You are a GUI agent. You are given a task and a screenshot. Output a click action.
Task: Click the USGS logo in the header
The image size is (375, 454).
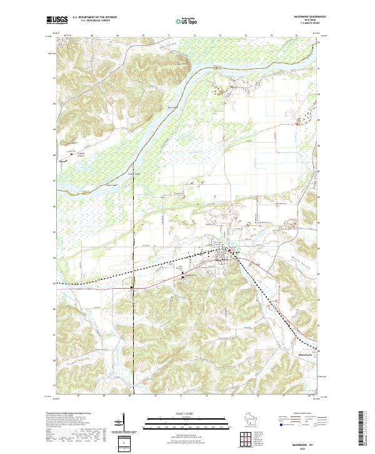coord(58,21)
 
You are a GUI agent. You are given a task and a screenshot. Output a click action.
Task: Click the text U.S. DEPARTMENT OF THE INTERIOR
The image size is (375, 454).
coord(94,18)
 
